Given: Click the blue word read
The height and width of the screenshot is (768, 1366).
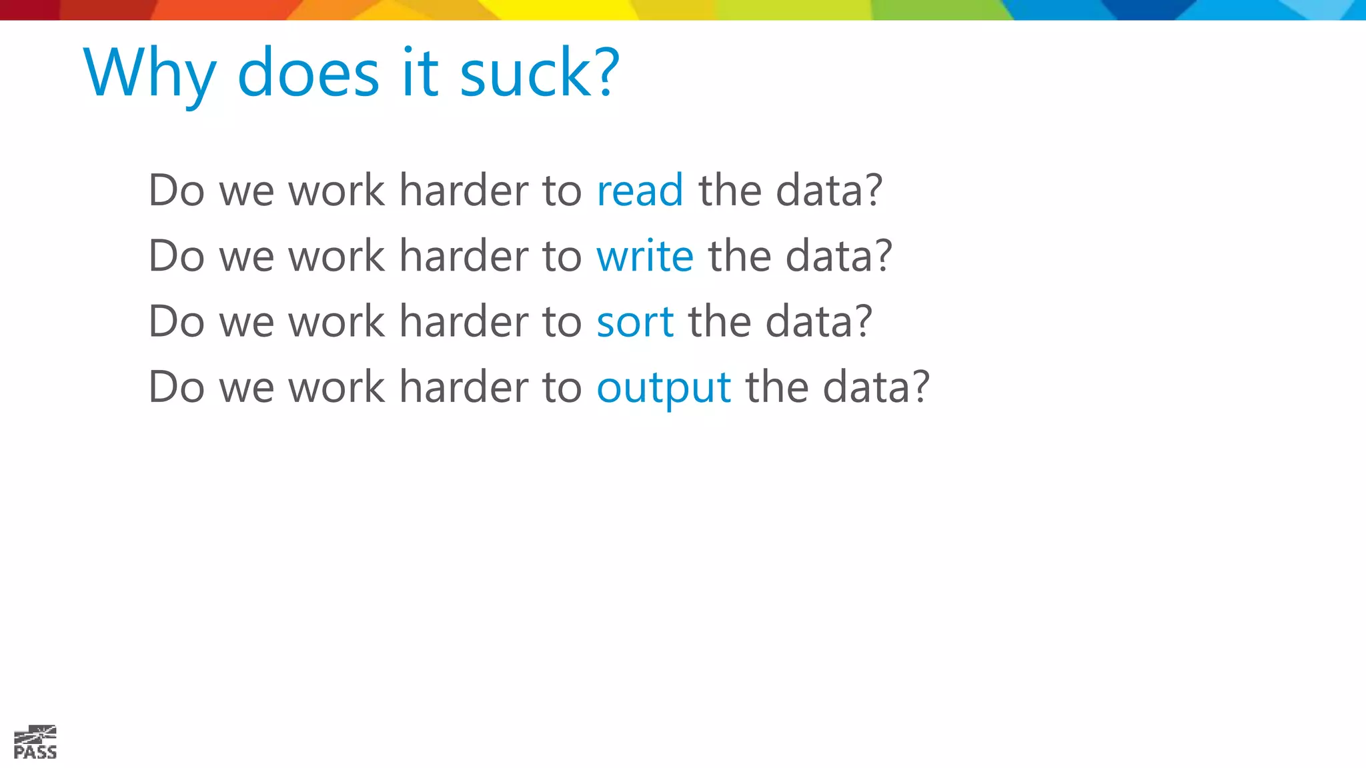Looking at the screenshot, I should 640,191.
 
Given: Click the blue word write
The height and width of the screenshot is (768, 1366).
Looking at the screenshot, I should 644,256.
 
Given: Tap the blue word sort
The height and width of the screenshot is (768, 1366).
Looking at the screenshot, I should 634,322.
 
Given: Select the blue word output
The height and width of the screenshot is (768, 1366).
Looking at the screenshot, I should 664,388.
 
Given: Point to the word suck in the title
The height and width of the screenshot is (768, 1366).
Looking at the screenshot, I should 524,73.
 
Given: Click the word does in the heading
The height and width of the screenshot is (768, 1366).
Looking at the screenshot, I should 308,73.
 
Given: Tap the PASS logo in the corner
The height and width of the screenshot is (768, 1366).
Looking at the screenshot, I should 35,743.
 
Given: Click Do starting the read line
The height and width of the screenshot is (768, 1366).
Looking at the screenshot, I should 176,191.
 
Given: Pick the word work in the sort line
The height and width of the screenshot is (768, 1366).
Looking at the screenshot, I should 336,322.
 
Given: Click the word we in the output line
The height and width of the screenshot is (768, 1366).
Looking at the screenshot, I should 246,388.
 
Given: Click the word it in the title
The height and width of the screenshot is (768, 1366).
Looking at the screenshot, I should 420,73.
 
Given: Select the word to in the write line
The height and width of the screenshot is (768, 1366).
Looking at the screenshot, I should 562,257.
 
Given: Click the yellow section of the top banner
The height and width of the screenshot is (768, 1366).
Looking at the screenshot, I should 567,9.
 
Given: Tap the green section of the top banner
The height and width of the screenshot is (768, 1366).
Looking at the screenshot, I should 934,9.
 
